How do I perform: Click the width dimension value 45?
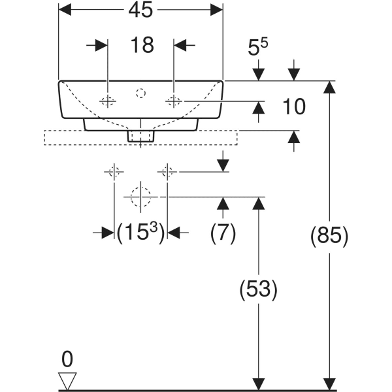(140, 10)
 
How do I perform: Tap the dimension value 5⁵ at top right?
(258, 49)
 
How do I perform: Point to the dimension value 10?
(295, 106)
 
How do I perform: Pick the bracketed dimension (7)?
(223, 233)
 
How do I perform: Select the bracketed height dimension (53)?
(259, 289)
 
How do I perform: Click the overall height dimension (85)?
(329, 236)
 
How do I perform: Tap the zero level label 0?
(67, 359)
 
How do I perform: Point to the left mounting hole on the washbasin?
(108, 101)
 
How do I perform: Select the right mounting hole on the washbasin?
(174, 101)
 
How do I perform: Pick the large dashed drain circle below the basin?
(140, 196)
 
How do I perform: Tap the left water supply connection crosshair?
(114, 172)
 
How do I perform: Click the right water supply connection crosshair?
(167, 172)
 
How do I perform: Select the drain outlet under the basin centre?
(140, 135)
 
